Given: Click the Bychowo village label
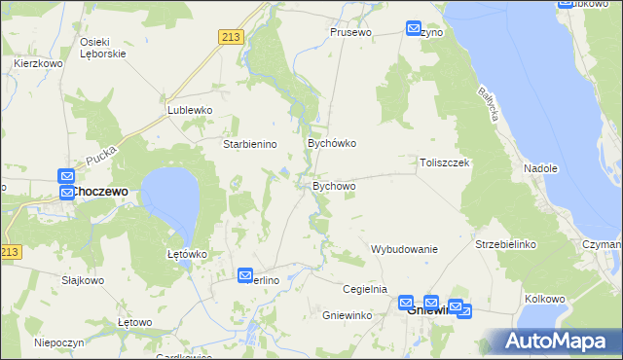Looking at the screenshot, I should point(334,186).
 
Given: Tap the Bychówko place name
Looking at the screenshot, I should point(332,143).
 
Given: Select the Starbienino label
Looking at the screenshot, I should point(251,144).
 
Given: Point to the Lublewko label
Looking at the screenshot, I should point(190,111).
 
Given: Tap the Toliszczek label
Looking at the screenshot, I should point(445,163).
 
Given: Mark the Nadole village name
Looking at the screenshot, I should point(540,168).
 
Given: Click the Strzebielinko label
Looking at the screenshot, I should point(506,243).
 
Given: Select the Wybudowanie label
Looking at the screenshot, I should point(404,249).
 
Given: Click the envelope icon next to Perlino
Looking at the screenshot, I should point(245,276).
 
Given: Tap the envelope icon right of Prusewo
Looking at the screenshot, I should point(414,29).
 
